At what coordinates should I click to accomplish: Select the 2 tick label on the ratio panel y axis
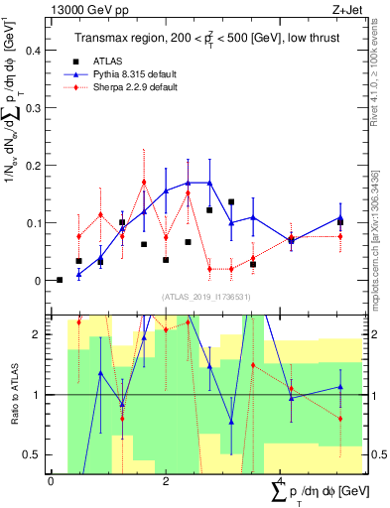pos(40,333)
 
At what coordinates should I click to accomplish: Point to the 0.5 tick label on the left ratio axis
pos(36,454)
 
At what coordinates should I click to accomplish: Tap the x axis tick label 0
pos(51,481)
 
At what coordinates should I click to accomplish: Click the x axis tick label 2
pos(165,481)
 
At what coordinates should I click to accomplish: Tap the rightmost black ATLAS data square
pos(339,222)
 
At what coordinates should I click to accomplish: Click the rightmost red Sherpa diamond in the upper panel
pos(339,236)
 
